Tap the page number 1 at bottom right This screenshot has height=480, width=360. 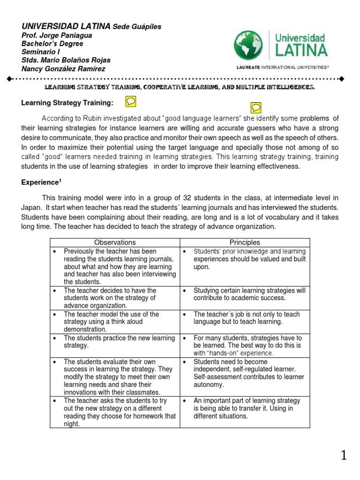click(344, 455)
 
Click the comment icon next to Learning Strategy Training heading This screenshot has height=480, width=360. click(131, 101)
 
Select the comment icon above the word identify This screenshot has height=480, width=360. click(256, 107)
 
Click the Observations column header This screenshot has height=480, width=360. click(115, 242)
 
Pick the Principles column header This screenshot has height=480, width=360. click(244, 242)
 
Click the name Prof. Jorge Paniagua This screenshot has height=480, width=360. click(57, 36)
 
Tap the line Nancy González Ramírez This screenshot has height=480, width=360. click(63, 69)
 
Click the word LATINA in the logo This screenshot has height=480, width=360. click(301, 49)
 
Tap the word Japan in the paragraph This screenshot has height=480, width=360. click(31, 207)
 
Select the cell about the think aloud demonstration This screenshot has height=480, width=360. click(115, 322)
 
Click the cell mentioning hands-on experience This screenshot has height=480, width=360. click(244, 345)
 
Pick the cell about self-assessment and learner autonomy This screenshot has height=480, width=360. click(244, 373)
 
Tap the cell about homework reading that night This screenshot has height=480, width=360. click(115, 412)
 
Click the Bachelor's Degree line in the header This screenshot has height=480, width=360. click(52, 44)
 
